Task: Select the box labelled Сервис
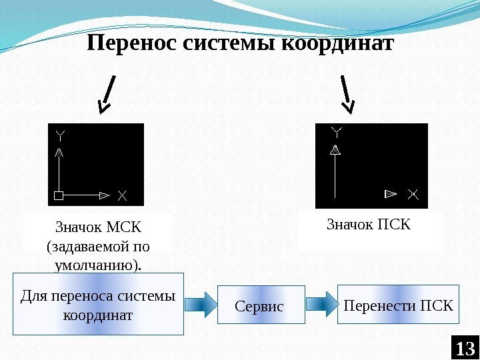tap(261, 305)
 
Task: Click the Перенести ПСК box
tap(398, 305)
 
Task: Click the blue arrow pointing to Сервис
tap(200, 305)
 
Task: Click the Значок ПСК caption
tap(368, 224)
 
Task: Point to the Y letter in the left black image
tap(61, 135)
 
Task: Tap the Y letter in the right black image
tap(337, 131)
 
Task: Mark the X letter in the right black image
tap(413, 194)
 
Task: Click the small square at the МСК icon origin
tap(59, 195)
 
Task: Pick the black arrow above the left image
tap(107, 94)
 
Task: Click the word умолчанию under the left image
tap(96, 265)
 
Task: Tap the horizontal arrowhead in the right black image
tap(391, 194)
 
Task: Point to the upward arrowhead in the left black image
tap(59, 153)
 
